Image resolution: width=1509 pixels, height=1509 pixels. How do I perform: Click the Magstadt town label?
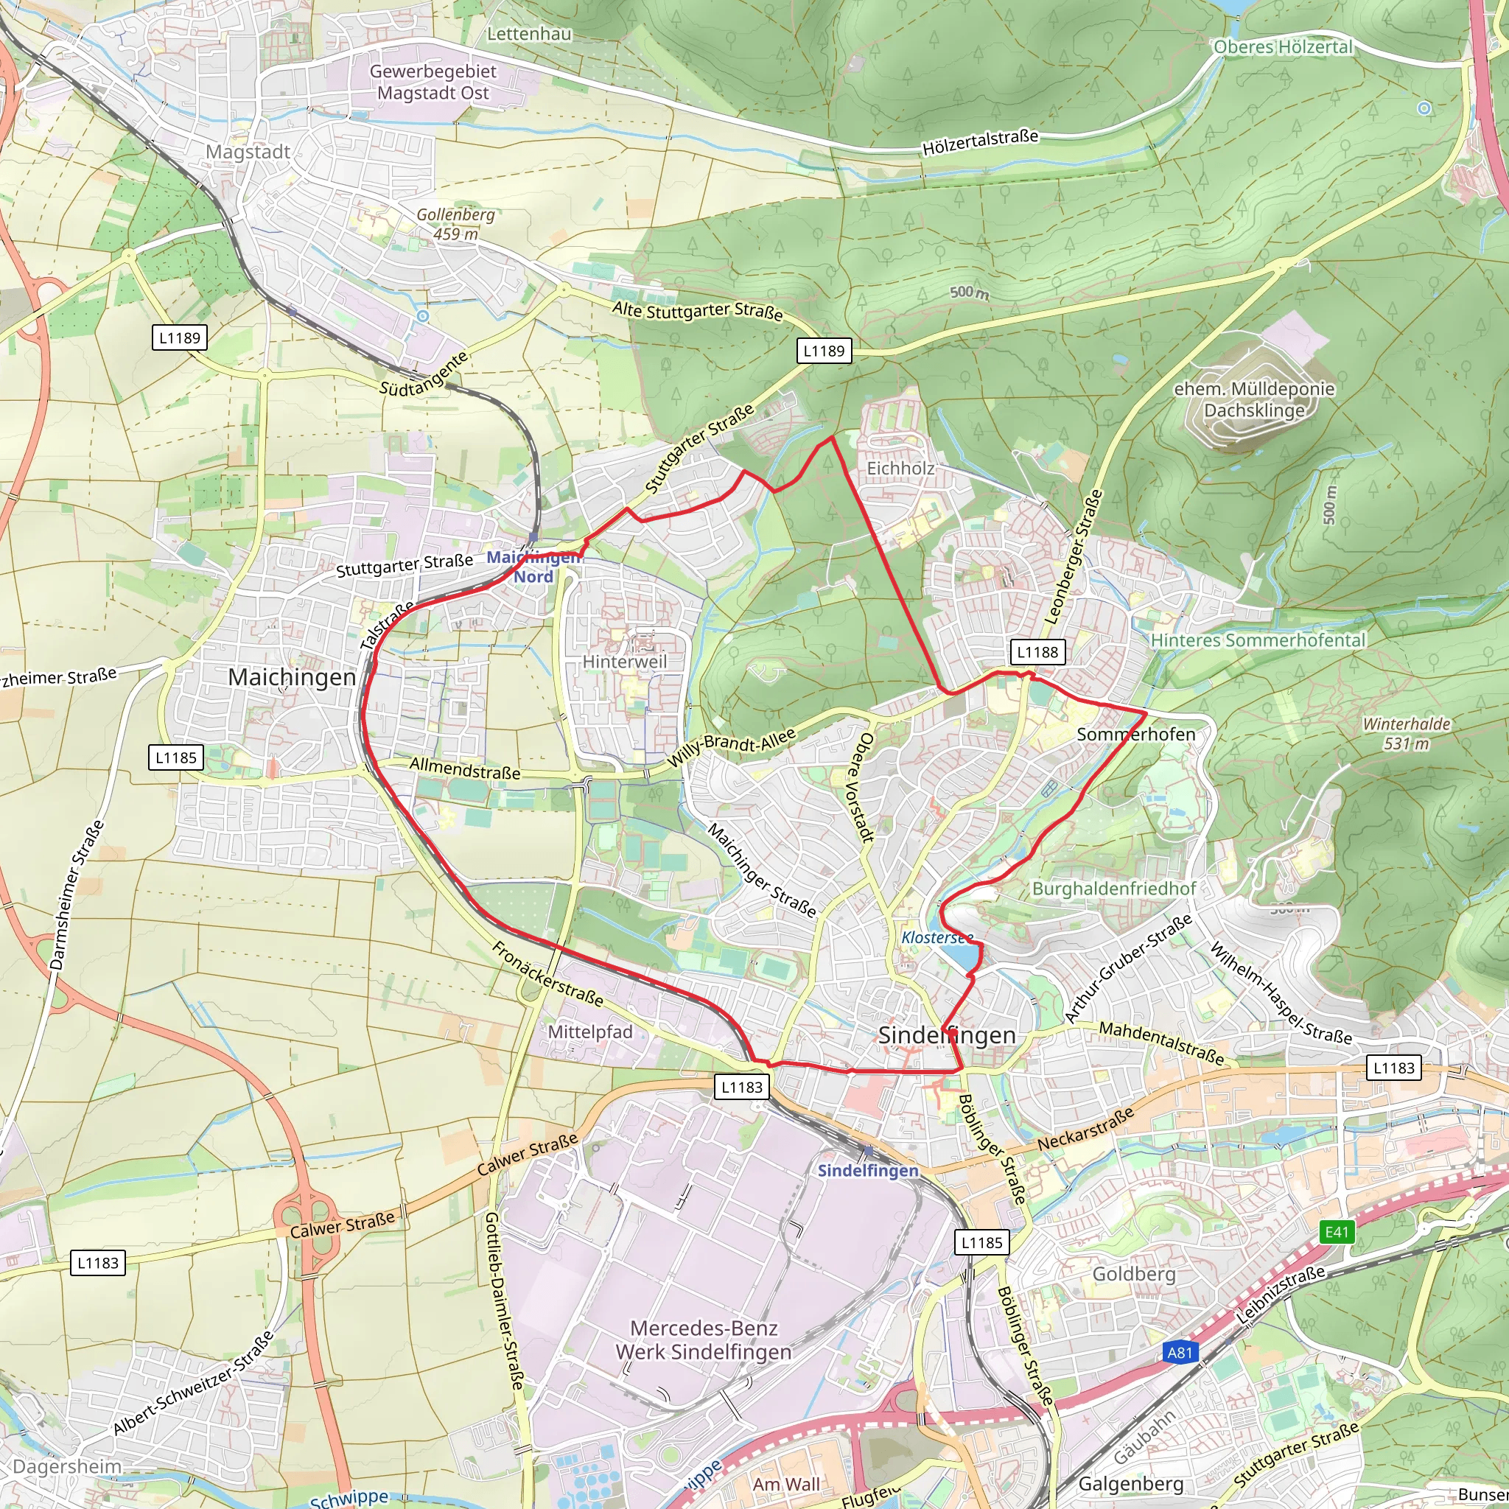click(x=248, y=152)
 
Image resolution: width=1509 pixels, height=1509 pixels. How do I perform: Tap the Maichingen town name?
click(x=291, y=677)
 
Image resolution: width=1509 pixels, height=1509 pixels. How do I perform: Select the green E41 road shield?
click(x=1337, y=1232)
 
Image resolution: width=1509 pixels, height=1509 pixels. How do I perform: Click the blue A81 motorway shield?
click(x=1180, y=1352)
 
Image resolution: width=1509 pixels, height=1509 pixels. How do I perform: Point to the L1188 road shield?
click(x=1037, y=651)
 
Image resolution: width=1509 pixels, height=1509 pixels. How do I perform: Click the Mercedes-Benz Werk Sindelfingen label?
click(x=703, y=1340)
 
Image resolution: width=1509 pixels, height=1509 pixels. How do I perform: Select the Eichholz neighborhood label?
click(x=900, y=468)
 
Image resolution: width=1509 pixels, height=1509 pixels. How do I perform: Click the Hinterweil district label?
click(x=625, y=662)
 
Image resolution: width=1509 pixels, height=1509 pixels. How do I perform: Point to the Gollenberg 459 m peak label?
click(x=455, y=223)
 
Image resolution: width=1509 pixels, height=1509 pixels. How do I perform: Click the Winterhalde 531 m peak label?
click(x=1406, y=733)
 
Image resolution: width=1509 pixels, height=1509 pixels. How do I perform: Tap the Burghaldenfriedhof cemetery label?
click(x=1114, y=888)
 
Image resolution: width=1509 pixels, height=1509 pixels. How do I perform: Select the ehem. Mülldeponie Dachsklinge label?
click(x=1253, y=399)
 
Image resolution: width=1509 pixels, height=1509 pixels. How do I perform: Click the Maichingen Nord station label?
click(x=533, y=567)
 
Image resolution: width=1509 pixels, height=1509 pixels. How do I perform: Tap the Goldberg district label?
click(x=1133, y=1274)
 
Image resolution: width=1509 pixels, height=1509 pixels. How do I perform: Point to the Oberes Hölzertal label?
click(x=1283, y=47)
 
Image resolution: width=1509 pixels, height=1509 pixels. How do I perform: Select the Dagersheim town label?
click(x=67, y=1466)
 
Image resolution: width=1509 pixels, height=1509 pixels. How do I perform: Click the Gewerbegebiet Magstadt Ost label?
click(x=433, y=82)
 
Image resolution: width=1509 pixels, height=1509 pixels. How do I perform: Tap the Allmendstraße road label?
click(x=465, y=768)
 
